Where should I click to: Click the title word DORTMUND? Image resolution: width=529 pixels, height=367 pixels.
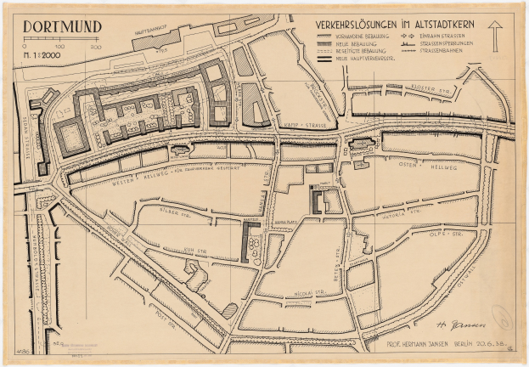pyautogui.click(x=61, y=25)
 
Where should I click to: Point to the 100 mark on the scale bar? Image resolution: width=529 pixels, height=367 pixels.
pyautogui.click(x=60, y=47)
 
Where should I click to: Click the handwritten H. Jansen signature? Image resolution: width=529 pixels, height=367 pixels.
pyautogui.click(x=454, y=324)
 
